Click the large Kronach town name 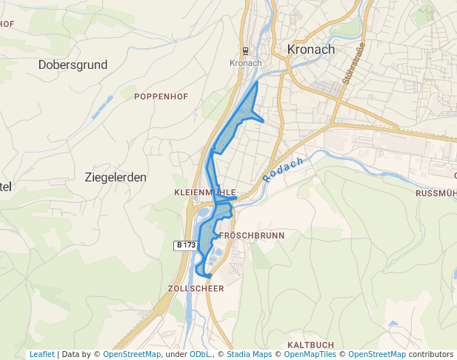310,50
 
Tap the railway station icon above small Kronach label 246,51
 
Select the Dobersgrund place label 73,65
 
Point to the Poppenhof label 161,96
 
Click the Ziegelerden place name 116,178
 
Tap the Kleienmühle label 204,192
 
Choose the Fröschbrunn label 253,235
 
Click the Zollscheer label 196,288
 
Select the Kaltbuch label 310,345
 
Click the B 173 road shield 186,245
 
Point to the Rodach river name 284,170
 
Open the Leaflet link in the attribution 41,355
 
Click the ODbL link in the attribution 199,355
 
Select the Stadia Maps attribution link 249,355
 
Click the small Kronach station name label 246,63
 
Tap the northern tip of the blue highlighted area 257,83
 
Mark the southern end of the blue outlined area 208,277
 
